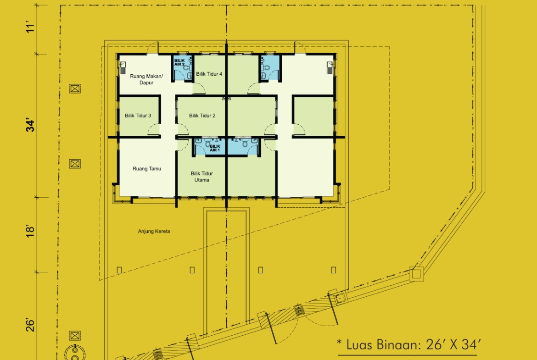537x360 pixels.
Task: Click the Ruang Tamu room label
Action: [146, 169]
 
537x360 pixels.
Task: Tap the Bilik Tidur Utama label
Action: [201, 177]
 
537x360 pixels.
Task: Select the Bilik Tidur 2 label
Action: [202, 116]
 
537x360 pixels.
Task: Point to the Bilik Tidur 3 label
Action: [138, 116]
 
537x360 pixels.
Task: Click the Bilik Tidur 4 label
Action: [209, 74]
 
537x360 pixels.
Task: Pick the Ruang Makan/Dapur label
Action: [146, 79]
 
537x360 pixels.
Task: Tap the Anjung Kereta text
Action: [154, 231]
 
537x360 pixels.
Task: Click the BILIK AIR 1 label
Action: [215, 148]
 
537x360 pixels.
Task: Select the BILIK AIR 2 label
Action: [179, 62]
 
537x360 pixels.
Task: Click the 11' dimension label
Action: [30, 27]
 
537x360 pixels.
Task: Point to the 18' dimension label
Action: [30, 231]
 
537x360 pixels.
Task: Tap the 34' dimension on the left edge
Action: [30, 125]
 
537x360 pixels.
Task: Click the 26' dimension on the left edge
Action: [30, 325]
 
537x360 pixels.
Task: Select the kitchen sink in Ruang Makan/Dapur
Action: [123, 68]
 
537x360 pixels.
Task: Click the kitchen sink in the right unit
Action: [330, 68]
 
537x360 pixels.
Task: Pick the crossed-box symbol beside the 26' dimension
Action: [75, 336]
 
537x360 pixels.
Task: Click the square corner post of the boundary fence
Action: [416, 274]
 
